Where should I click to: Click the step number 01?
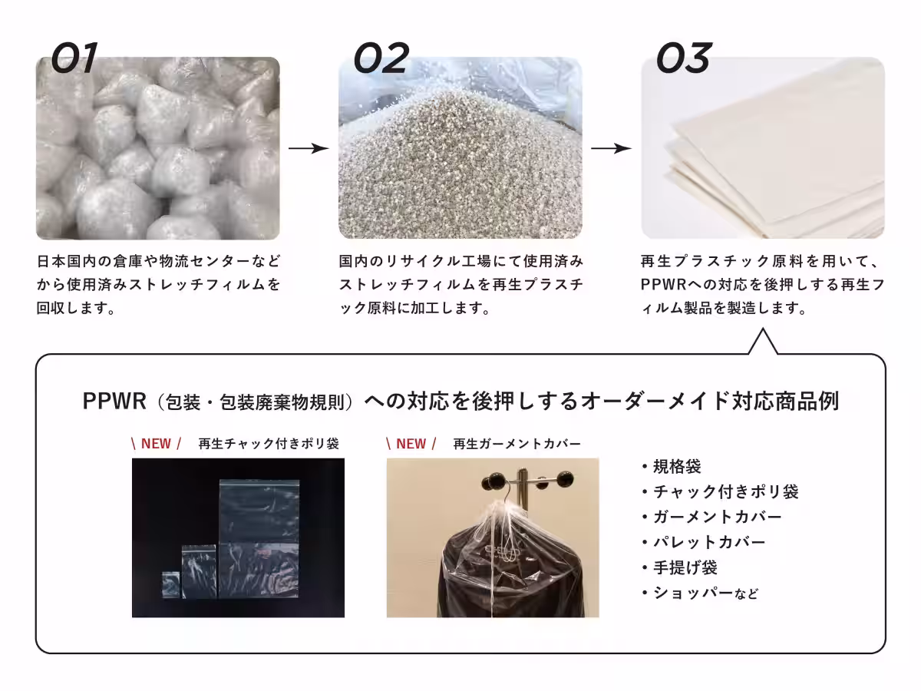[x=74, y=58]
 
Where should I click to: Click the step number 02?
[x=381, y=58]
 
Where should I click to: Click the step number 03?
[x=684, y=58]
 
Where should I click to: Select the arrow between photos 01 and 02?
[x=309, y=148]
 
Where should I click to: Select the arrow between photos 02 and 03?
[x=611, y=148]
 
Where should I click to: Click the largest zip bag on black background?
[x=259, y=539]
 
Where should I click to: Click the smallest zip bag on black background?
[x=171, y=584]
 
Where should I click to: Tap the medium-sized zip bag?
[x=199, y=571]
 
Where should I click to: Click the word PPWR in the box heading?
[x=114, y=401]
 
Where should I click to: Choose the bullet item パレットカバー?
[x=704, y=543]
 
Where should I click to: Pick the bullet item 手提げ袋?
[x=680, y=567]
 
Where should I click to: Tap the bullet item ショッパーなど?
[x=700, y=593]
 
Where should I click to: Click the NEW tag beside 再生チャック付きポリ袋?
[x=156, y=444]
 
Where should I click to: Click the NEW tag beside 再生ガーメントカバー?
[x=411, y=444]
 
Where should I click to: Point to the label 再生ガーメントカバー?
[x=517, y=444]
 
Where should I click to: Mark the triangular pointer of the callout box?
[x=763, y=342]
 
